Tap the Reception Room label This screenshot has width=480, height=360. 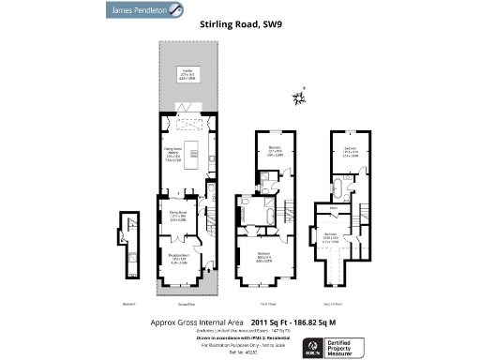(180, 259)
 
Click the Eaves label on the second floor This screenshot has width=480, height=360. (334, 209)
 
